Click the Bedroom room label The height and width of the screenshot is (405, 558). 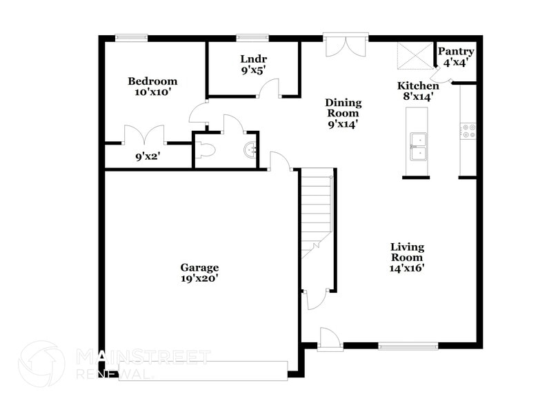click(152, 81)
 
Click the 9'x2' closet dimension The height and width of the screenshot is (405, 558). click(148, 156)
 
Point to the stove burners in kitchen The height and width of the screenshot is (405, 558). click(469, 131)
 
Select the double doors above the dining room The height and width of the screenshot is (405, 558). click(346, 46)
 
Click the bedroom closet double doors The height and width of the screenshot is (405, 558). click(144, 134)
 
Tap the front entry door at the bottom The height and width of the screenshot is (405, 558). click(329, 338)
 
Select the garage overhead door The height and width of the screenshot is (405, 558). click(203, 371)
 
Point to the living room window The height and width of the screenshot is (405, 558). click(408, 346)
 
